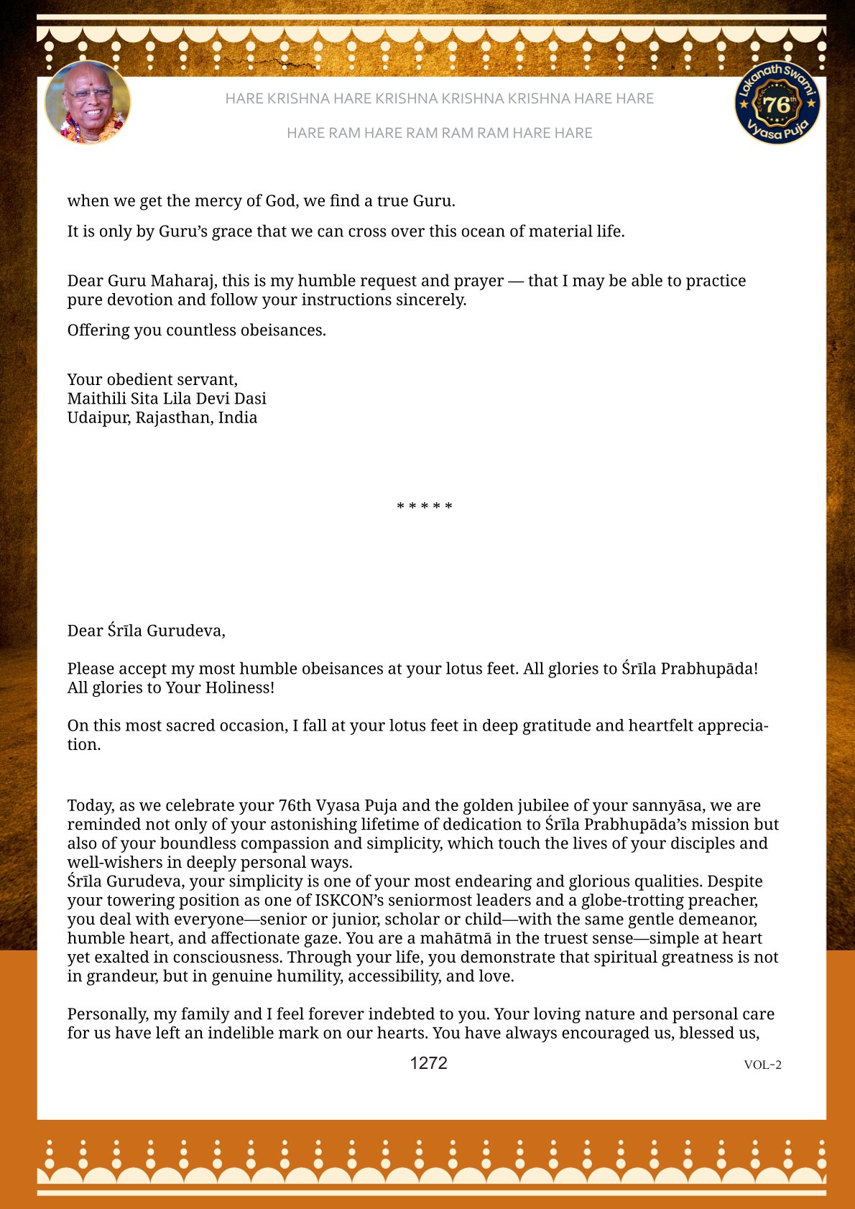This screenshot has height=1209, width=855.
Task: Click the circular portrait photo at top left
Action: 88,103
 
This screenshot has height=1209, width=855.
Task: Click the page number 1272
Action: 428,1063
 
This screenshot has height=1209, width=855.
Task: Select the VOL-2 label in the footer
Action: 762,1065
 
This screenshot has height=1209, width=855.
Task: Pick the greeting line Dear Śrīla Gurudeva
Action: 147,631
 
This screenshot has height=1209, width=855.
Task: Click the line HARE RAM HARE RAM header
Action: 439,133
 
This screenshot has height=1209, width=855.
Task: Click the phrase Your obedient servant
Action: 152,380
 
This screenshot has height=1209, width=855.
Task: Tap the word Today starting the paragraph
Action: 90,806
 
